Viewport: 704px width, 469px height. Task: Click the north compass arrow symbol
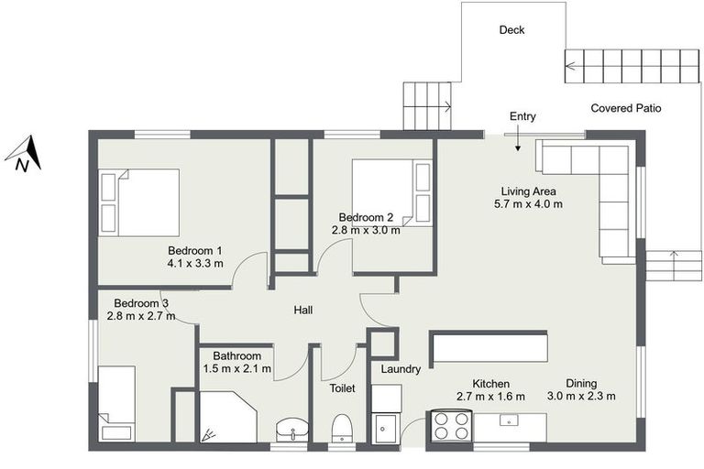28,152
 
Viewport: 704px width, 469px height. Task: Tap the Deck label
511,30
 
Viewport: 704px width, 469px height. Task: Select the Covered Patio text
625,108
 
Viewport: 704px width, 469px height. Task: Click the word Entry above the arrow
522,116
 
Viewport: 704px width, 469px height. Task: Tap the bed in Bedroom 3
117,403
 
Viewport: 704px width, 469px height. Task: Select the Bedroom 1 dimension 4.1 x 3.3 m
195,264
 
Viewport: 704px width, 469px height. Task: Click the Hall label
303,311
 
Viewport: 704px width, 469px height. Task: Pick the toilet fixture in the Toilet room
342,427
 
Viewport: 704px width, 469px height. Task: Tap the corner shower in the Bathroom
227,418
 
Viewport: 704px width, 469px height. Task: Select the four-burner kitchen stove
450,427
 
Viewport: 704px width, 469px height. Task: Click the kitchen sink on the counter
510,421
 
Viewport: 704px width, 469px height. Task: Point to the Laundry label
401,369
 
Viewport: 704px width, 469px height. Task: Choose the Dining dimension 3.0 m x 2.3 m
581,397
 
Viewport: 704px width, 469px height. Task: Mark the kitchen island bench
489,348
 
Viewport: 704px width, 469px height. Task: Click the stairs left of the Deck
427,105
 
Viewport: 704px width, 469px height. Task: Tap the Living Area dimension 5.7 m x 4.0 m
528,204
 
